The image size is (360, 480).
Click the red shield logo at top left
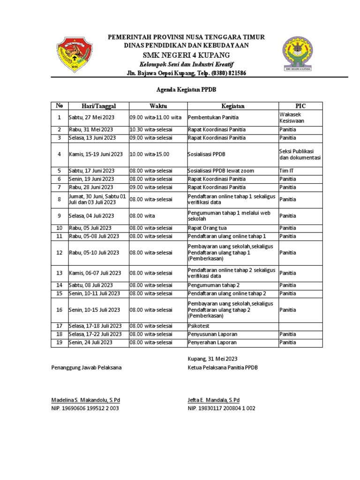(x=73, y=54)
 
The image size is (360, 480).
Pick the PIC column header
(x=300, y=106)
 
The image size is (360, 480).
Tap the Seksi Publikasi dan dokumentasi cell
(x=300, y=154)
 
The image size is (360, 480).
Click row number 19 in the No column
(x=60, y=342)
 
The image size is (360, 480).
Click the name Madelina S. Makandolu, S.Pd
(x=85, y=400)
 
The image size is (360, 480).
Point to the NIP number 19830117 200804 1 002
(x=221, y=408)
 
